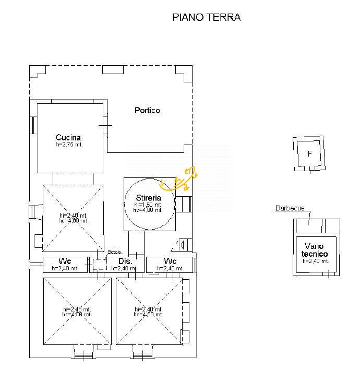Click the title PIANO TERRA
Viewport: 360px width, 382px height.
click(206, 17)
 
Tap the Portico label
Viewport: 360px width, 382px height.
click(147, 111)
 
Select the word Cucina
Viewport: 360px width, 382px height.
click(69, 138)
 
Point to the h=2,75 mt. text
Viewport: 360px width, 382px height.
click(69, 145)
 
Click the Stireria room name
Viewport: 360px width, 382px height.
click(148, 198)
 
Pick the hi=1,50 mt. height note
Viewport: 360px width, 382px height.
click(148, 205)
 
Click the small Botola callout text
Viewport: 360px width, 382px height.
click(114, 252)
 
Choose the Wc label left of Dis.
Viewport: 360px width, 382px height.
click(65, 261)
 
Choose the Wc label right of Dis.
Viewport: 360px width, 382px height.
click(170, 261)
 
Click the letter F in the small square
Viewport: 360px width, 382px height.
click(309, 154)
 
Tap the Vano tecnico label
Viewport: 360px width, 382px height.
click(315, 249)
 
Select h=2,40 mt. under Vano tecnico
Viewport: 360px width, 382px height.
click(315, 261)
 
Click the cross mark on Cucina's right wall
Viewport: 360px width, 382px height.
click(105, 126)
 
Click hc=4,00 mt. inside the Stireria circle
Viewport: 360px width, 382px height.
click(148, 210)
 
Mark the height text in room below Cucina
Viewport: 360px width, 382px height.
click(74, 218)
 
